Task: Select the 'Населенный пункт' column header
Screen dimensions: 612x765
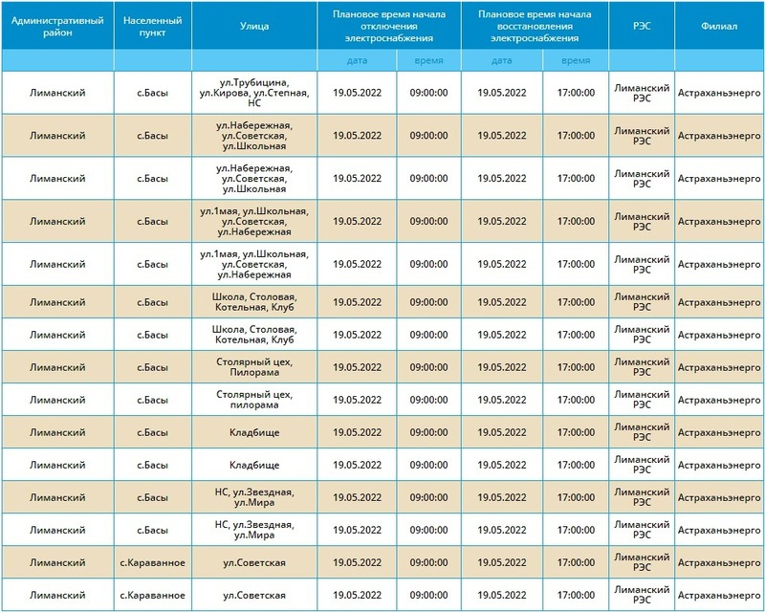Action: [152, 26]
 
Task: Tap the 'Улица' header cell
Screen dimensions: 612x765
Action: [253, 26]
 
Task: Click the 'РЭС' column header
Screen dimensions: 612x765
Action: [642, 26]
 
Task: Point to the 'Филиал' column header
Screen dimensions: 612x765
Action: [719, 26]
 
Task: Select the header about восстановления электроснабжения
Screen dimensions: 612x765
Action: [535, 26]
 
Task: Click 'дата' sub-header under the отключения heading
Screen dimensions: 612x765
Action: [357, 59]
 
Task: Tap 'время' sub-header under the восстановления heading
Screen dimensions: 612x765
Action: [576, 59]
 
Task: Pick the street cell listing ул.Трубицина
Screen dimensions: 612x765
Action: [253, 93]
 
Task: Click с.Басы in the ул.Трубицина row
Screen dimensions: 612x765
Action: [152, 93]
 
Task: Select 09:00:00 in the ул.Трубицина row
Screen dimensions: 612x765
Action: [428, 93]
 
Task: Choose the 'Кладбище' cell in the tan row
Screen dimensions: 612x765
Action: [253, 432]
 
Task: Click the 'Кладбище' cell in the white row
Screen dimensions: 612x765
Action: [253, 465]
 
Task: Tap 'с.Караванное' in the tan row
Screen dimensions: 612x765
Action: [152, 561]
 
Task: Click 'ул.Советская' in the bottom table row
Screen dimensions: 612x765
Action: [253, 594]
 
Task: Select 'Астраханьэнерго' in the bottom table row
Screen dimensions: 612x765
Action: [719, 594]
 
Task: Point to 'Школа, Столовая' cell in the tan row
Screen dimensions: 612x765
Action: [253, 302]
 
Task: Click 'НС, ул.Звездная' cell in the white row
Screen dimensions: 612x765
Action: [253, 529]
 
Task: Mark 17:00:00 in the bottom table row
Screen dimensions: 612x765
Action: [576, 594]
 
